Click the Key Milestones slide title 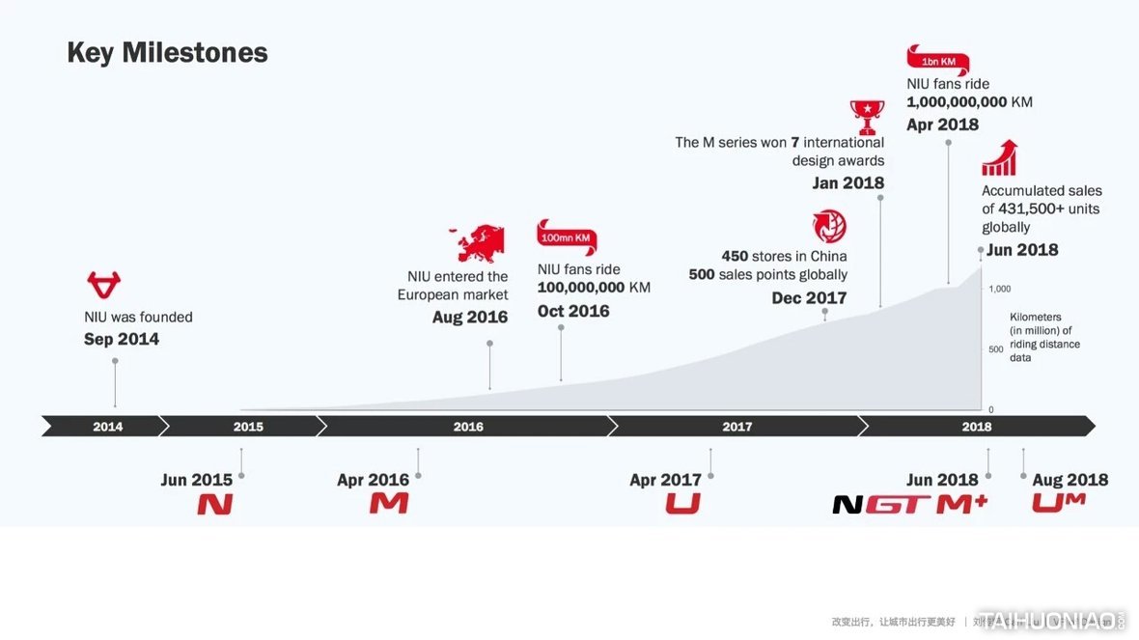(167, 52)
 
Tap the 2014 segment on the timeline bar (107, 427)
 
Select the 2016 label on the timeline (468, 427)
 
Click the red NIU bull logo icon (103, 285)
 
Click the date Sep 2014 (122, 339)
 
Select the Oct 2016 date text (573, 311)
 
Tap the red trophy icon (867, 116)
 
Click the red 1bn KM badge (937, 61)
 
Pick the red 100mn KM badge (567, 237)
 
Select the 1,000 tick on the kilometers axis (999, 289)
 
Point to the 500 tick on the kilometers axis (996, 349)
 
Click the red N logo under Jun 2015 (215, 504)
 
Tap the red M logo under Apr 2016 (389, 503)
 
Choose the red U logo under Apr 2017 (682, 503)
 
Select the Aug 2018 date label (1070, 480)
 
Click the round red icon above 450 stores (829, 227)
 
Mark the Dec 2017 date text (809, 298)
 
